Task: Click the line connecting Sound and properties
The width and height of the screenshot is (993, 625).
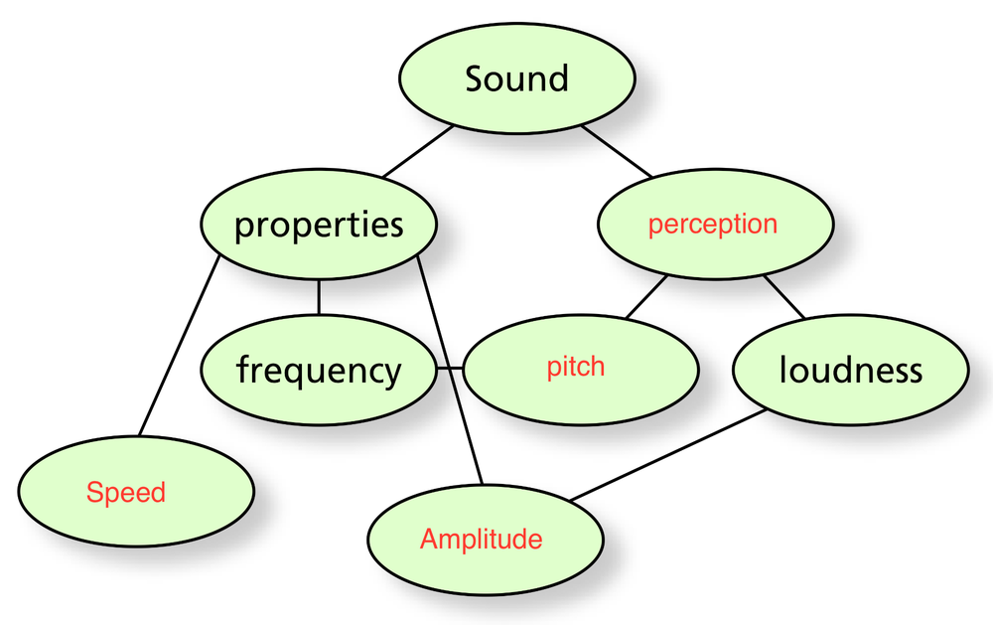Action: (418, 152)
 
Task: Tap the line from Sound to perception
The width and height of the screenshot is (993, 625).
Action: (617, 152)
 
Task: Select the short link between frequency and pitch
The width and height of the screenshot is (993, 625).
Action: (450, 369)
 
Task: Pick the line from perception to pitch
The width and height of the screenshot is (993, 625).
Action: (646, 297)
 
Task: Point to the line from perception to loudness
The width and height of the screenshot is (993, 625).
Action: (783, 297)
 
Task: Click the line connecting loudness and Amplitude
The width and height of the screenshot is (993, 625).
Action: (669, 454)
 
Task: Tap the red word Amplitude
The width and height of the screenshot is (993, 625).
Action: (481, 540)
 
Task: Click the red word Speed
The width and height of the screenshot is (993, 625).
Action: (125, 493)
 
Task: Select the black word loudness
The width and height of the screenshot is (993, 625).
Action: (850, 371)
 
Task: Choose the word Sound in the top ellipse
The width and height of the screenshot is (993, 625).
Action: (516, 78)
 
